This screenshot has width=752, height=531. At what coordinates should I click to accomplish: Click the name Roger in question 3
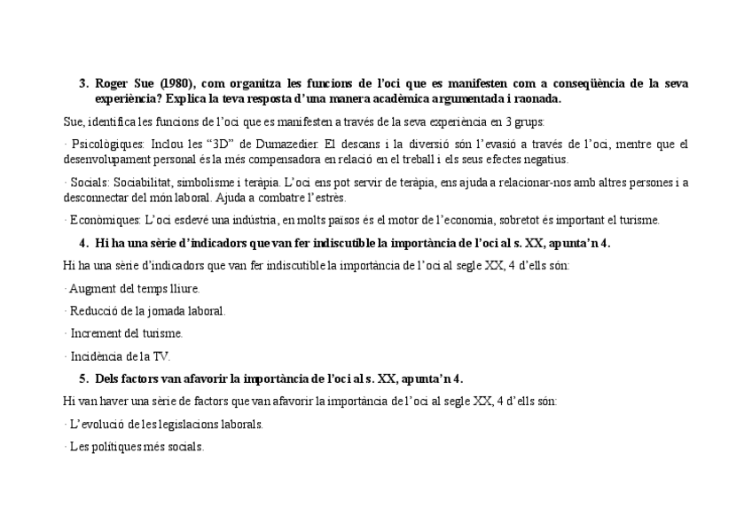pos(112,84)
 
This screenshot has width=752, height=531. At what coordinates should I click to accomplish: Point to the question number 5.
pos(83,379)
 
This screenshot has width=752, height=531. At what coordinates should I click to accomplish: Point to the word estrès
pos(325,198)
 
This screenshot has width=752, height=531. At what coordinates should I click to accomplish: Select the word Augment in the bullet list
pos(93,288)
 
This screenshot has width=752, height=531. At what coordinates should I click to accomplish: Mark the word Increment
pos(95,333)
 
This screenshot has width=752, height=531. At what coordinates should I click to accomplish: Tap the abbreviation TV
pos(161,356)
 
